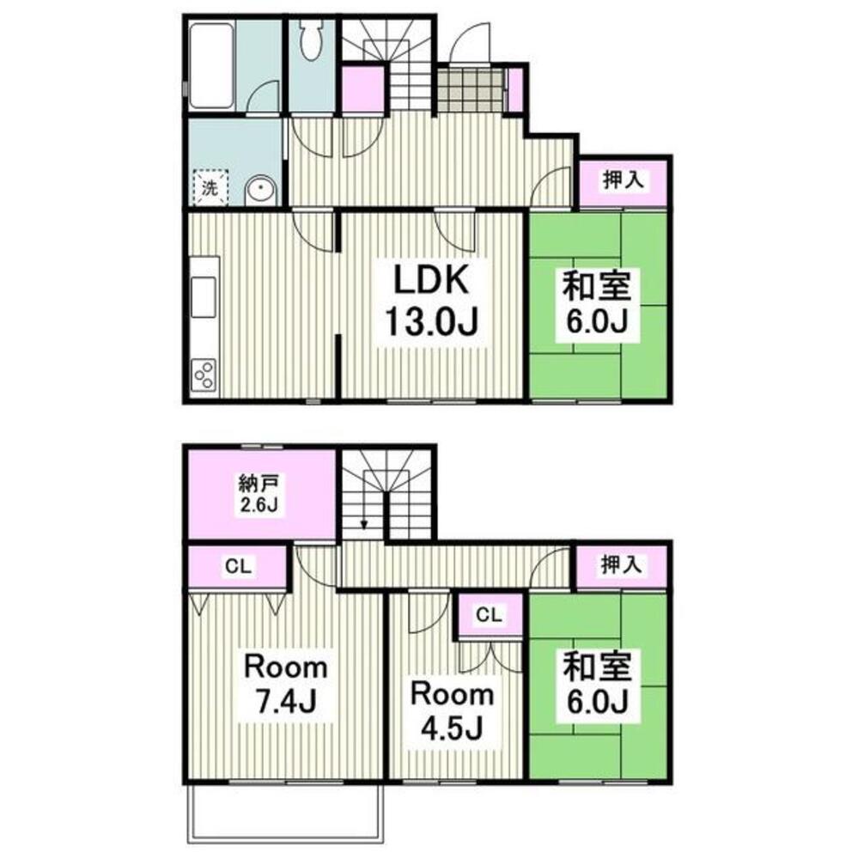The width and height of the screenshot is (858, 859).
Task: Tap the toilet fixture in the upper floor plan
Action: click(312, 40)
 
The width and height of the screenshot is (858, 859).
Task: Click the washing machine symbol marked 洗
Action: click(210, 188)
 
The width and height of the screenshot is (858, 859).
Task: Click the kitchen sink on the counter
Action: click(204, 297)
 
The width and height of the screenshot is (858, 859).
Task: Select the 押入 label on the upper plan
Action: click(623, 180)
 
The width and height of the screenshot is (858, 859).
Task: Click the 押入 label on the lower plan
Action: click(621, 565)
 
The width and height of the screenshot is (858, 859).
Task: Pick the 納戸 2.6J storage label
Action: click(259, 493)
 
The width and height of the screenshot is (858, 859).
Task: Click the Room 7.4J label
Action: click(285, 685)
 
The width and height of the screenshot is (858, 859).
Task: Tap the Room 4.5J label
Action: click(453, 711)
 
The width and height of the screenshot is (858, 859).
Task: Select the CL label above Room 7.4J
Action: click(239, 566)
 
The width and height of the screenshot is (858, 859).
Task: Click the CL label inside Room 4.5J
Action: click(490, 615)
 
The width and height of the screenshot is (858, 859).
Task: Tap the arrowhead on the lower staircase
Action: click(364, 526)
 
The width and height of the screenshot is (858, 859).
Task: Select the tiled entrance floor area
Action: click(470, 89)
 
